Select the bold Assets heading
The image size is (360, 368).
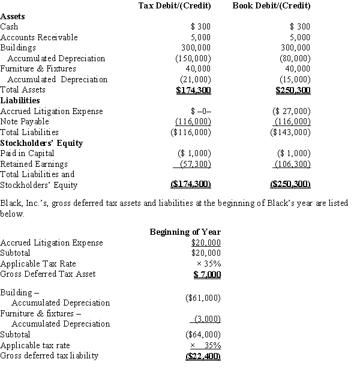13,16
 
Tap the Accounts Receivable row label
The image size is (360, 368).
39,37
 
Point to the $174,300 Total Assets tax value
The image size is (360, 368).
193,90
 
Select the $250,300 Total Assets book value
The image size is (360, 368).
293,90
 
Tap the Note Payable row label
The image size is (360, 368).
25,121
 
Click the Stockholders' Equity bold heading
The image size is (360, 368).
41,143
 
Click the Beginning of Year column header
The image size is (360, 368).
185,232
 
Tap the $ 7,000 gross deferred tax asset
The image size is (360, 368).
206,274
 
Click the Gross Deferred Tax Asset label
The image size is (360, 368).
47,274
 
